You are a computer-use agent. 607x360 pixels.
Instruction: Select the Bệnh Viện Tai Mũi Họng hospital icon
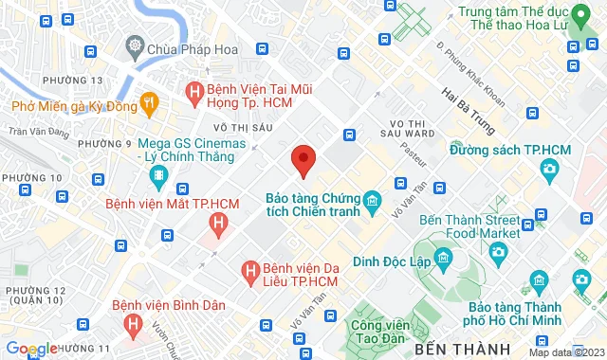[194, 92]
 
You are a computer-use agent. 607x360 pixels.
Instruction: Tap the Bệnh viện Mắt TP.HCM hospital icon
[219, 225]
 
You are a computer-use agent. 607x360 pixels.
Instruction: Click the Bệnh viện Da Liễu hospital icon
[250, 272]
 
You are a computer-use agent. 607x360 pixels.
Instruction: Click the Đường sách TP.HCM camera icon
[548, 169]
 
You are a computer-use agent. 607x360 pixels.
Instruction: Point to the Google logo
[30, 349]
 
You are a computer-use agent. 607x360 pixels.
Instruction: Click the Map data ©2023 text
[566, 352]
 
